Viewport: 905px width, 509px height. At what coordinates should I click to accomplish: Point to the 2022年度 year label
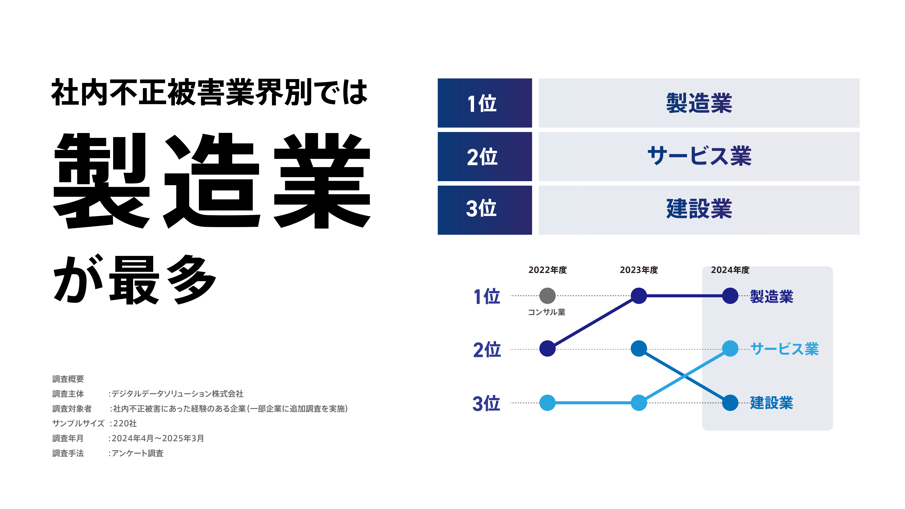tap(547, 270)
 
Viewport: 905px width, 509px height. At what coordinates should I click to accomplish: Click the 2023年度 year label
tap(639, 270)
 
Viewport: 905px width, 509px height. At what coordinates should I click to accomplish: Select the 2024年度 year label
tap(730, 270)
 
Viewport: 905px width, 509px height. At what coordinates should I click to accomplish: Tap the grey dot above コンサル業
tap(547, 296)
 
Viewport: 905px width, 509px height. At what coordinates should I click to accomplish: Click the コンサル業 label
tap(547, 312)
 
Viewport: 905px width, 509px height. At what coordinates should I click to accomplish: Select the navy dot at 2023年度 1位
tap(639, 296)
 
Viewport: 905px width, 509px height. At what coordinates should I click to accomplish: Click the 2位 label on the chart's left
tap(487, 350)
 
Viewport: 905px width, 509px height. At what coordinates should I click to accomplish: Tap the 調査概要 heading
tap(68, 379)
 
